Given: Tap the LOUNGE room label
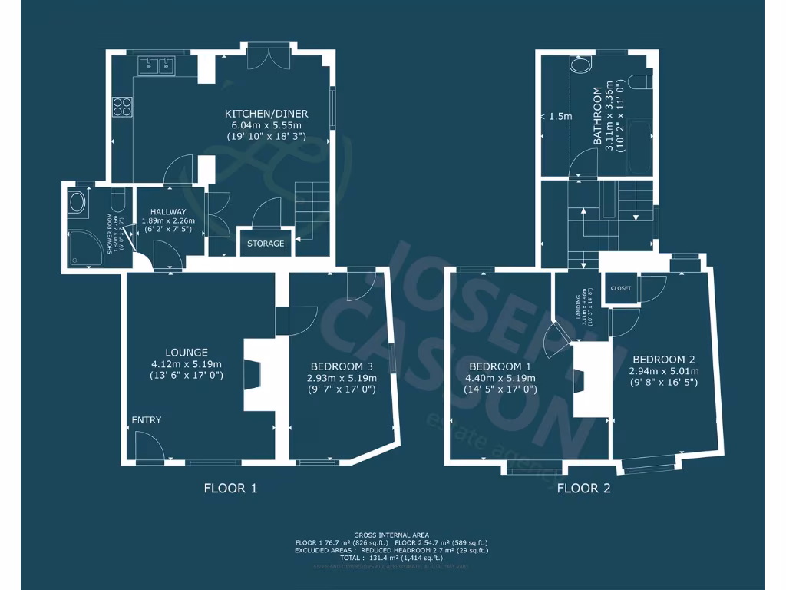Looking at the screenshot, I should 187,353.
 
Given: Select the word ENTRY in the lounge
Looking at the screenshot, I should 147,420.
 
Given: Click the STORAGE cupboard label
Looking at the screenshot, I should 265,244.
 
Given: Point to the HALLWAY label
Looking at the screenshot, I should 168,212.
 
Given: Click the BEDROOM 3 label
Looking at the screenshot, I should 343,366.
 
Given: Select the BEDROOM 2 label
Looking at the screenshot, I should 664,360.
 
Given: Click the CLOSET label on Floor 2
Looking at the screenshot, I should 621,288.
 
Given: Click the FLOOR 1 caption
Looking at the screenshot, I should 230,488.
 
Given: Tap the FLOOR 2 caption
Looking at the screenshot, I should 583,488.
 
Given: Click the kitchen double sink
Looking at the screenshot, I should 157,66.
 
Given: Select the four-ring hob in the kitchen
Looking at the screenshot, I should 122,106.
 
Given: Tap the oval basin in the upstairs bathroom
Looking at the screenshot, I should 580,65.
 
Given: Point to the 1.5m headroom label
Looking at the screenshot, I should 557,117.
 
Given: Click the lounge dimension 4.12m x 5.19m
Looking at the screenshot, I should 187,365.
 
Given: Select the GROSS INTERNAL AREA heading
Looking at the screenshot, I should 391,535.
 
